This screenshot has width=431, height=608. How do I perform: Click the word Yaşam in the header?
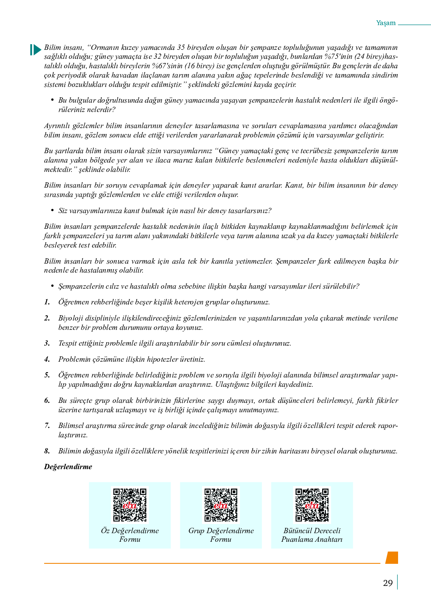(386, 23)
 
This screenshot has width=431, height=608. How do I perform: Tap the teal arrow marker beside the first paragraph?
(36, 50)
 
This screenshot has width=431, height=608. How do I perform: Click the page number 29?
(388, 583)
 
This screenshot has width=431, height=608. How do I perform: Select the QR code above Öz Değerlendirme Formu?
(130, 505)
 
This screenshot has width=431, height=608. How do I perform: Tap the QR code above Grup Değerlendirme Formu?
(221, 505)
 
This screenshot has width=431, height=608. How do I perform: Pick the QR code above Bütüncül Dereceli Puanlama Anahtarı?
(312, 505)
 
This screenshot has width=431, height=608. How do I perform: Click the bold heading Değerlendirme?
(68, 467)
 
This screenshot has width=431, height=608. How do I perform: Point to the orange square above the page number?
(392, 557)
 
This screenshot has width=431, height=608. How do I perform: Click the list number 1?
(47, 302)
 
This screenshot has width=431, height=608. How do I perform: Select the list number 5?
(47, 375)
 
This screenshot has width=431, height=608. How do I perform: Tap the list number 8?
(47, 451)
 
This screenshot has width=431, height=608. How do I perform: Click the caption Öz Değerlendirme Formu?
(130, 535)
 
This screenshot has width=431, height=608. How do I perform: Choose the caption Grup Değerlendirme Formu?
(221, 535)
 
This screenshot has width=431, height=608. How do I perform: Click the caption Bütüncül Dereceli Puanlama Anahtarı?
(312, 535)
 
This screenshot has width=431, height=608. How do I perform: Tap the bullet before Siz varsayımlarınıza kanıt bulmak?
(52, 210)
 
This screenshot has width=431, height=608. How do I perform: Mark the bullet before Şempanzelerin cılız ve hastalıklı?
(52, 286)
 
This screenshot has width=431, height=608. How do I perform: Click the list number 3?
(47, 343)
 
